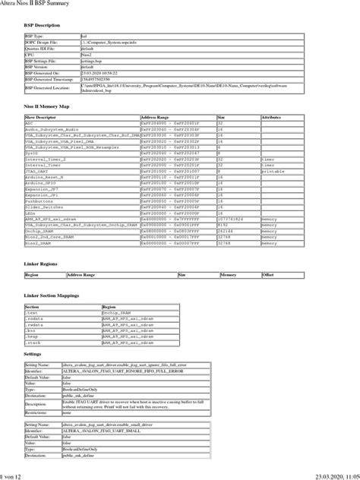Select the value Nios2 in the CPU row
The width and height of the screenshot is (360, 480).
87,55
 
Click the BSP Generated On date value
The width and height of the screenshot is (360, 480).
96,72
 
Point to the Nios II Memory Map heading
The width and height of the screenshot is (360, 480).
47,107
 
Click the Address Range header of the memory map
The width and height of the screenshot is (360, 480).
155,118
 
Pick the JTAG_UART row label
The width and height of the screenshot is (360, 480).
38,172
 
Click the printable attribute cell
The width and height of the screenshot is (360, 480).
272,172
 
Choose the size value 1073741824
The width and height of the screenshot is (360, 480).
232,219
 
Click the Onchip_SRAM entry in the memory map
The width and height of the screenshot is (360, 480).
40,230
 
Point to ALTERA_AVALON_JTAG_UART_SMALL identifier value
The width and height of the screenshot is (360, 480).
102,431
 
